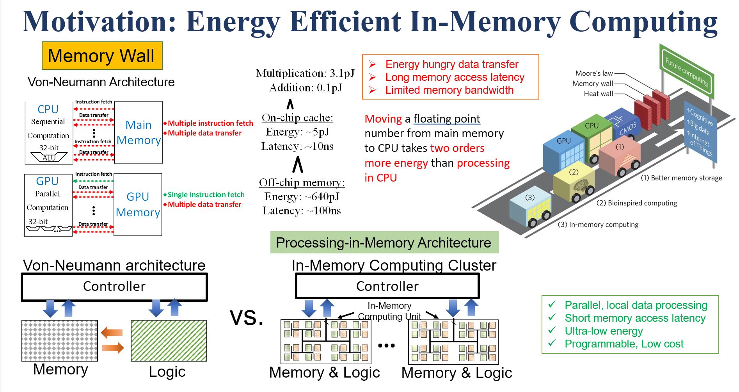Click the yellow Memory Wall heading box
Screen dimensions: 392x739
click(x=102, y=55)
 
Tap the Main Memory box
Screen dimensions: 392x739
click(x=139, y=132)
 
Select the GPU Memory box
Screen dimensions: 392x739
click(x=138, y=204)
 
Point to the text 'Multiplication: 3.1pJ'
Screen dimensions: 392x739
click(x=305, y=73)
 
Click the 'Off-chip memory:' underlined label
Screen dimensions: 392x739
click(x=302, y=183)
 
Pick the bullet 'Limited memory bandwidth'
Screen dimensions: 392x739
click(x=449, y=90)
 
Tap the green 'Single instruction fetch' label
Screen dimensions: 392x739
click(x=206, y=194)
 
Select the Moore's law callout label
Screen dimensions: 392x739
click(x=594, y=73)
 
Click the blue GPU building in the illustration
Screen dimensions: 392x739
click(x=563, y=154)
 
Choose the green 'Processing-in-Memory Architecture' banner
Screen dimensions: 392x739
click(x=384, y=242)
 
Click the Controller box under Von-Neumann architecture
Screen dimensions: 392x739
click(x=114, y=287)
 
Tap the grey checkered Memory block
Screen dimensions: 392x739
click(x=60, y=340)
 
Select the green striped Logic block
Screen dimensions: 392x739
click(x=169, y=340)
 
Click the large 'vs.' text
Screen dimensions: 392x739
click(x=247, y=317)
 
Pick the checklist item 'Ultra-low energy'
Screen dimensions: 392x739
click(x=603, y=331)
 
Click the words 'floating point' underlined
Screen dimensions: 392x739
click(x=446, y=119)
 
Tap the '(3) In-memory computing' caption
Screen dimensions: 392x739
click(x=598, y=225)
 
